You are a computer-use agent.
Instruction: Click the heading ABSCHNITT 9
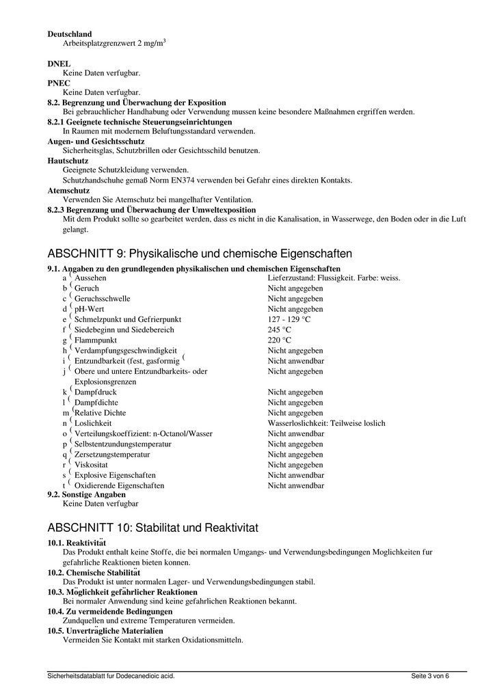click(x=200, y=254)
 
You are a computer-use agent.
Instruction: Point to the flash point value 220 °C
click(x=279, y=340)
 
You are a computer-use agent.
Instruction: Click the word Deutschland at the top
click(x=70, y=33)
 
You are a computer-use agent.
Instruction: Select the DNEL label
click(x=59, y=64)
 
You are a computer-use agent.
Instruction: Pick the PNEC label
click(x=59, y=83)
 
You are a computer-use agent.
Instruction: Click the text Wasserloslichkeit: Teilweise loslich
click(x=326, y=423)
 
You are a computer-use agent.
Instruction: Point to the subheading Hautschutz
click(x=68, y=161)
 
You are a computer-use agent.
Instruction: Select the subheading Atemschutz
click(x=68, y=190)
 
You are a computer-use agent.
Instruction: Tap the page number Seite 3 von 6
click(x=430, y=676)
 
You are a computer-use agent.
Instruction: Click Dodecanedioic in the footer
click(x=141, y=676)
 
